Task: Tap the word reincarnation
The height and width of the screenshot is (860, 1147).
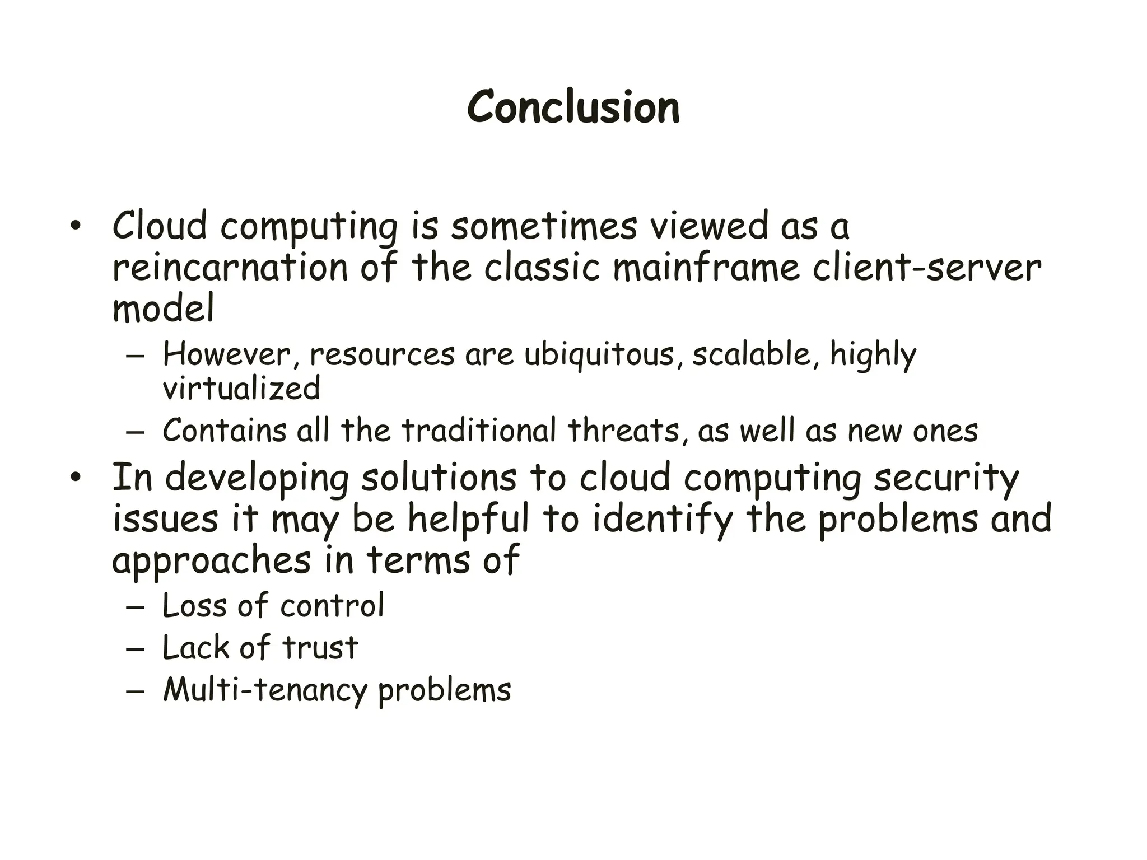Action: (230, 268)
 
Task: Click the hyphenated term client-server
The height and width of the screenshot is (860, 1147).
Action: (926, 268)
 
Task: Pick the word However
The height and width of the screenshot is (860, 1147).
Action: (228, 355)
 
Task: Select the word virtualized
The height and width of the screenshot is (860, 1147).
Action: (241, 389)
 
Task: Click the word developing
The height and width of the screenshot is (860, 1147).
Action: (257, 479)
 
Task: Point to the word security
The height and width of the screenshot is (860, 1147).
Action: (946, 479)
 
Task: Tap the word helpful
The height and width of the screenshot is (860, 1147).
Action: (468, 519)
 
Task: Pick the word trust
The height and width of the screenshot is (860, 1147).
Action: (320, 648)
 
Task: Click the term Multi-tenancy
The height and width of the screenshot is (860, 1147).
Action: (265, 690)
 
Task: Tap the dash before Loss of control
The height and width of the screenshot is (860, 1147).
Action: (135, 606)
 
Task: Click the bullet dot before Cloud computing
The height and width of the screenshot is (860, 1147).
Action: (76, 227)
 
